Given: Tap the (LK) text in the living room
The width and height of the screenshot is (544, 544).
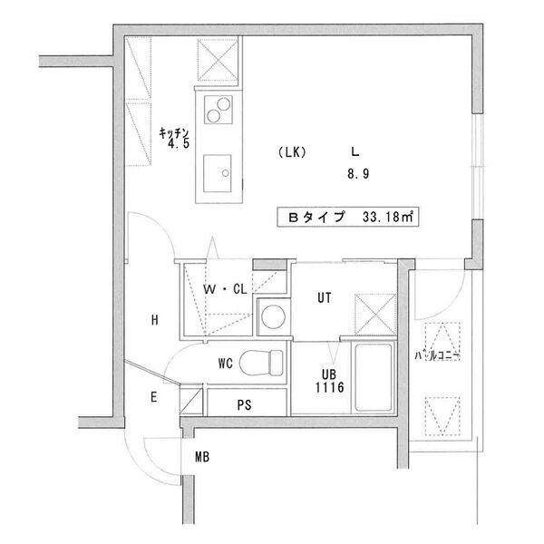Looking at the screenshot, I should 291,152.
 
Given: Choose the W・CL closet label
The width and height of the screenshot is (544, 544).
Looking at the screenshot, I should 225,290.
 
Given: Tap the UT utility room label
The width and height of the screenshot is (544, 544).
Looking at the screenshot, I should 325,296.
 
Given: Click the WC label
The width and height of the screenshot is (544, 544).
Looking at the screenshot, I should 226,363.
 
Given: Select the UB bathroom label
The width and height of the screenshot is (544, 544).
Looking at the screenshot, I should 328,372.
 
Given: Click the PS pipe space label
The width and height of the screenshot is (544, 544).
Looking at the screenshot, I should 244,403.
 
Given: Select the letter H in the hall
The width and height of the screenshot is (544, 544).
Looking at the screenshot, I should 155,320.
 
